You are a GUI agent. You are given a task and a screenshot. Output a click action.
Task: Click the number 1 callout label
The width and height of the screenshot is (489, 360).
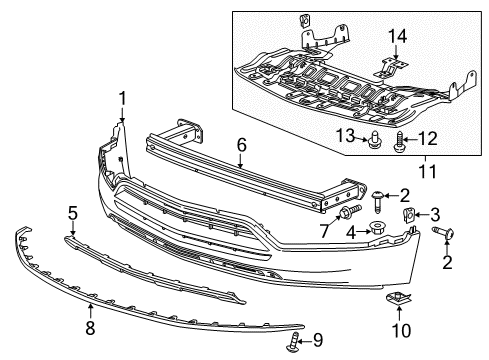point(122,97)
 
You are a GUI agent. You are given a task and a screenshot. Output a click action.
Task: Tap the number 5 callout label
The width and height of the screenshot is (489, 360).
point(73,212)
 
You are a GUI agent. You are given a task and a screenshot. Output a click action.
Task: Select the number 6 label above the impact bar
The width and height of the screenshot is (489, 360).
point(240,145)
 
